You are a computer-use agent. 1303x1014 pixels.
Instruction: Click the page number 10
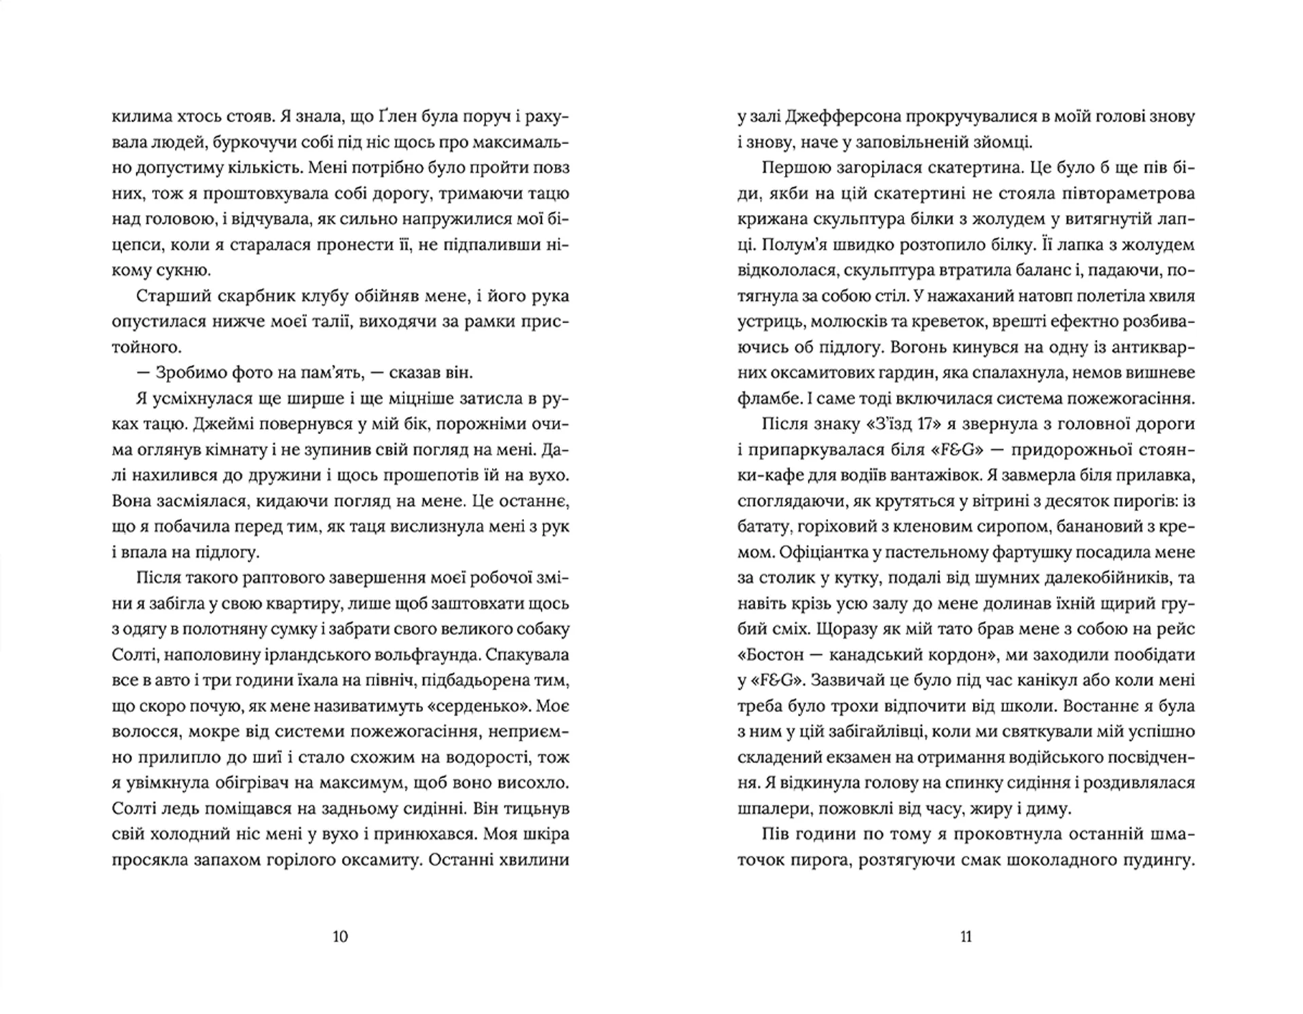click(341, 937)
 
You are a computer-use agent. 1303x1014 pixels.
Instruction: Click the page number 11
click(966, 937)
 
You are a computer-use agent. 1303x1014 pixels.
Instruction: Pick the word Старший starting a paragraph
click(170, 297)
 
